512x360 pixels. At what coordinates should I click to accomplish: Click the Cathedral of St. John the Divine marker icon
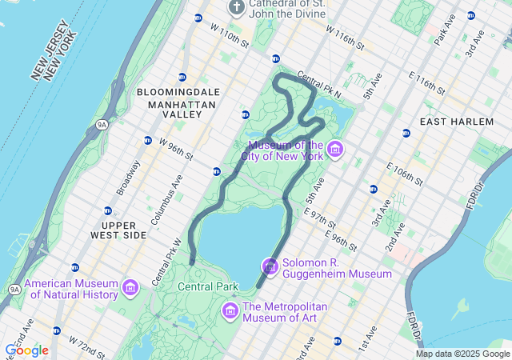pos(236,8)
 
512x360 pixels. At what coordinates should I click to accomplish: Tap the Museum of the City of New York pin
pos(335,150)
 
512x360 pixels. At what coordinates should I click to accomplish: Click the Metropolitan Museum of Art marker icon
pos(230,309)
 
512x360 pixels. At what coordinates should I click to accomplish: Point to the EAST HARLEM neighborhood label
pos(457,121)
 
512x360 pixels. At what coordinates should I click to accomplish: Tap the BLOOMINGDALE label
pos(178,93)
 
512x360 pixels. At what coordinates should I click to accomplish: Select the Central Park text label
pos(208,286)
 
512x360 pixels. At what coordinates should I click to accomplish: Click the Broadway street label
pos(128,177)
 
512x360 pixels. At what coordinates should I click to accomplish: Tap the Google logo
pos(26,350)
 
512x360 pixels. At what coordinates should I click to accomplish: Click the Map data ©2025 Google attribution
pos(462,354)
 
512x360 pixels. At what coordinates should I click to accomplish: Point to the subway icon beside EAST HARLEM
pos(406,133)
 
